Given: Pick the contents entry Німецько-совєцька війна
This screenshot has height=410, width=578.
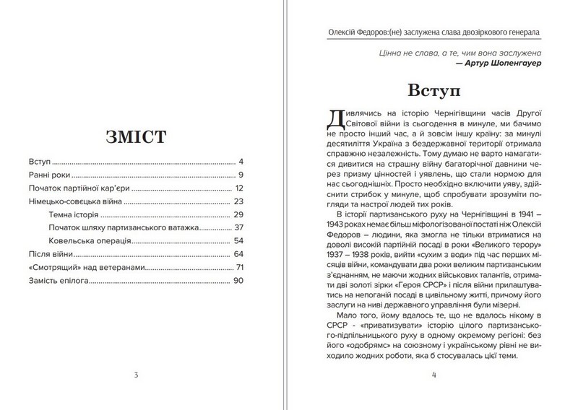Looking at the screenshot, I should [x=74, y=201].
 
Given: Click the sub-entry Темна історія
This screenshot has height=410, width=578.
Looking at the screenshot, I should [x=77, y=214].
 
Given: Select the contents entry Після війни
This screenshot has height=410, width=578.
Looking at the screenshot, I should [x=51, y=254].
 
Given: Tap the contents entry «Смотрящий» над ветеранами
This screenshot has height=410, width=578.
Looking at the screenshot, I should [x=86, y=268].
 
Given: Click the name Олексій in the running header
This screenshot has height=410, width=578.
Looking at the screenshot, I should [x=342, y=34].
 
